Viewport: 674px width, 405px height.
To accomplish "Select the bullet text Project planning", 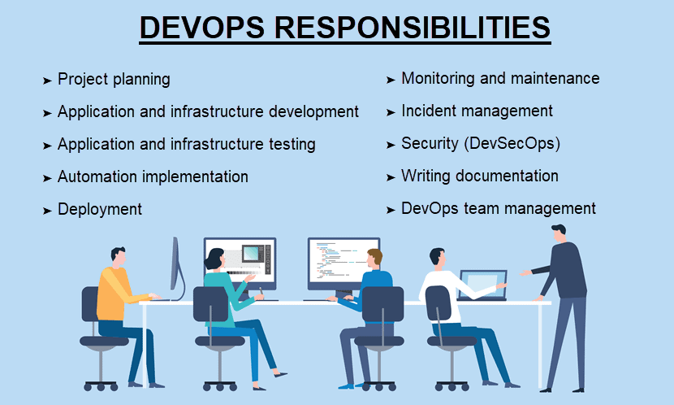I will pyautogui.click(x=114, y=79).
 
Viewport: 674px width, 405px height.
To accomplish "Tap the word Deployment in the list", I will pyautogui.click(x=99, y=209).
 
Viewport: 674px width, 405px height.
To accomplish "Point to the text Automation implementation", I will pyautogui.click(x=153, y=176).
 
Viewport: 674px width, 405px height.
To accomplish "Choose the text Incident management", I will pyautogui.click(x=477, y=111).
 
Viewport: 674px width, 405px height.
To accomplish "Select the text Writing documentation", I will pyautogui.click(x=479, y=176).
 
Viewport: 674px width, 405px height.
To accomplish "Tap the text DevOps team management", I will pyautogui.click(x=499, y=208).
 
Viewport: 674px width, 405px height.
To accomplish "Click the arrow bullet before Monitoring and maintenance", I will pyautogui.click(x=391, y=80).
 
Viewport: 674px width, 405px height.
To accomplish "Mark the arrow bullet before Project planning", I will pyautogui.click(x=47, y=81).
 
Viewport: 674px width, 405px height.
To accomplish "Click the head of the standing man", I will pyautogui.click(x=560, y=233).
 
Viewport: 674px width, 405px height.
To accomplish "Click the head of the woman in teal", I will pyautogui.click(x=215, y=259).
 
